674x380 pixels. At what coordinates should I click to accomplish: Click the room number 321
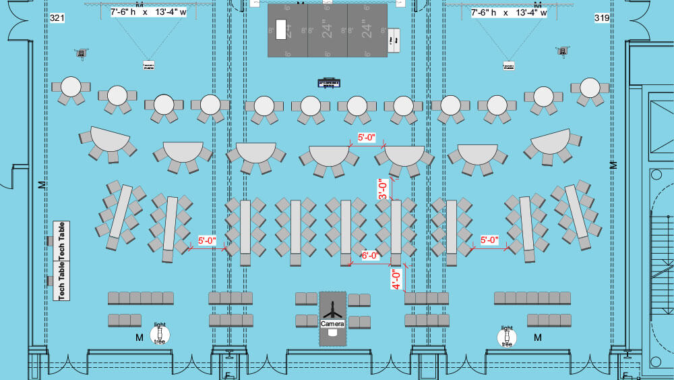(57, 18)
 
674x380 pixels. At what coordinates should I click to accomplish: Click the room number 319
(602, 18)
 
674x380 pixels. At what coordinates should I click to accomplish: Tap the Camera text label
(332, 325)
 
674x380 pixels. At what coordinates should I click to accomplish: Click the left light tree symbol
(160, 333)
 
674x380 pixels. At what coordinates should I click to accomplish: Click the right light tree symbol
(507, 336)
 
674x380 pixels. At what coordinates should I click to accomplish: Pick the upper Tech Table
(62, 241)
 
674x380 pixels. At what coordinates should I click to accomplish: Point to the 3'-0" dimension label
(382, 189)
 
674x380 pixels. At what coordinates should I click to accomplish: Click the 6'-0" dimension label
(370, 256)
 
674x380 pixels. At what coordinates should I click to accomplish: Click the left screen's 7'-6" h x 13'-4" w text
(149, 13)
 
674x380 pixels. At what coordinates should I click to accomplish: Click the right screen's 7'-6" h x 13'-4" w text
(508, 13)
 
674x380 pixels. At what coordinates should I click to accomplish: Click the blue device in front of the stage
(330, 83)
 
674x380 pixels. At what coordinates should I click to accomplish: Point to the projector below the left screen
(149, 65)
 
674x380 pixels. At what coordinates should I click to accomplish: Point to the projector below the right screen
(508, 65)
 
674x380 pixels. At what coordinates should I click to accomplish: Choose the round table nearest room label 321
(71, 87)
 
